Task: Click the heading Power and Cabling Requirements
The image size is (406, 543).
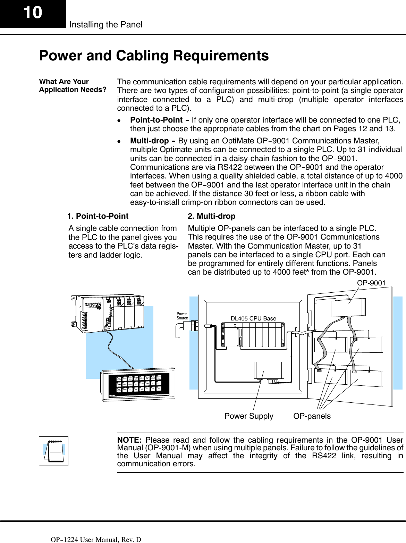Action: click(x=154, y=56)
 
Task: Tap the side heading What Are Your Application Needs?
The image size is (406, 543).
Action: click(x=73, y=85)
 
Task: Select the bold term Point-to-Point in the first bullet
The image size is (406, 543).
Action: click(x=156, y=120)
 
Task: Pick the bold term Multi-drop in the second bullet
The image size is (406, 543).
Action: click(x=149, y=141)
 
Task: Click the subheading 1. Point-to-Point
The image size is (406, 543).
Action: click(x=98, y=216)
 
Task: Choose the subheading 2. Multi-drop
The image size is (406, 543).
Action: click(x=211, y=216)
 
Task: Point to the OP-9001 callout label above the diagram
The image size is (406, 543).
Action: click(x=371, y=283)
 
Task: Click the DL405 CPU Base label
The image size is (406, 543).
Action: click(x=253, y=318)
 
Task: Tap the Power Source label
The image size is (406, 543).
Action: click(x=182, y=316)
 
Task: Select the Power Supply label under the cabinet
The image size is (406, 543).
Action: click(x=248, y=416)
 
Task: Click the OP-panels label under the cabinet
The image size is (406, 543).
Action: click(x=312, y=416)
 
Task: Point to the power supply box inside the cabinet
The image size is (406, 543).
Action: click(x=269, y=370)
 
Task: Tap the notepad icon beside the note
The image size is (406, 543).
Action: click(x=53, y=451)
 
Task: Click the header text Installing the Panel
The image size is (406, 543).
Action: click(x=106, y=25)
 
